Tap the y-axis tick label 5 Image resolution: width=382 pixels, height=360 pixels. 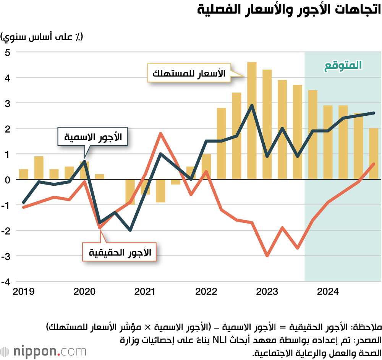8,52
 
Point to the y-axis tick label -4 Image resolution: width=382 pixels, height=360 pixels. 6,282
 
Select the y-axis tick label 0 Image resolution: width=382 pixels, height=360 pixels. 8,180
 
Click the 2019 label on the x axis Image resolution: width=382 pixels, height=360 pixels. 23,292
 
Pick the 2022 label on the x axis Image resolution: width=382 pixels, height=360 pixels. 206,292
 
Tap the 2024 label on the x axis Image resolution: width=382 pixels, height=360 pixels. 328,292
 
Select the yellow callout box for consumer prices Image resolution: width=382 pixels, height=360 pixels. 189,73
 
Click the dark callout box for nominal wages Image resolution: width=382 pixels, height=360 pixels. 92,136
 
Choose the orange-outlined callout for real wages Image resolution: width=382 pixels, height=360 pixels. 120,252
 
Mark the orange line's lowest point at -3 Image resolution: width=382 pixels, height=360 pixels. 267,256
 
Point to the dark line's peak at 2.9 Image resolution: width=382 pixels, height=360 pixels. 252,105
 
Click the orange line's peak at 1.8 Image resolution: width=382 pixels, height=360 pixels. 160,133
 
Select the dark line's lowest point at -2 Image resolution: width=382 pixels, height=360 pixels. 130,230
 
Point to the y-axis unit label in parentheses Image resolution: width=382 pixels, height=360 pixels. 42,37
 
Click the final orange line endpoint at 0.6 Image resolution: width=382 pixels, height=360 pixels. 374,164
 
